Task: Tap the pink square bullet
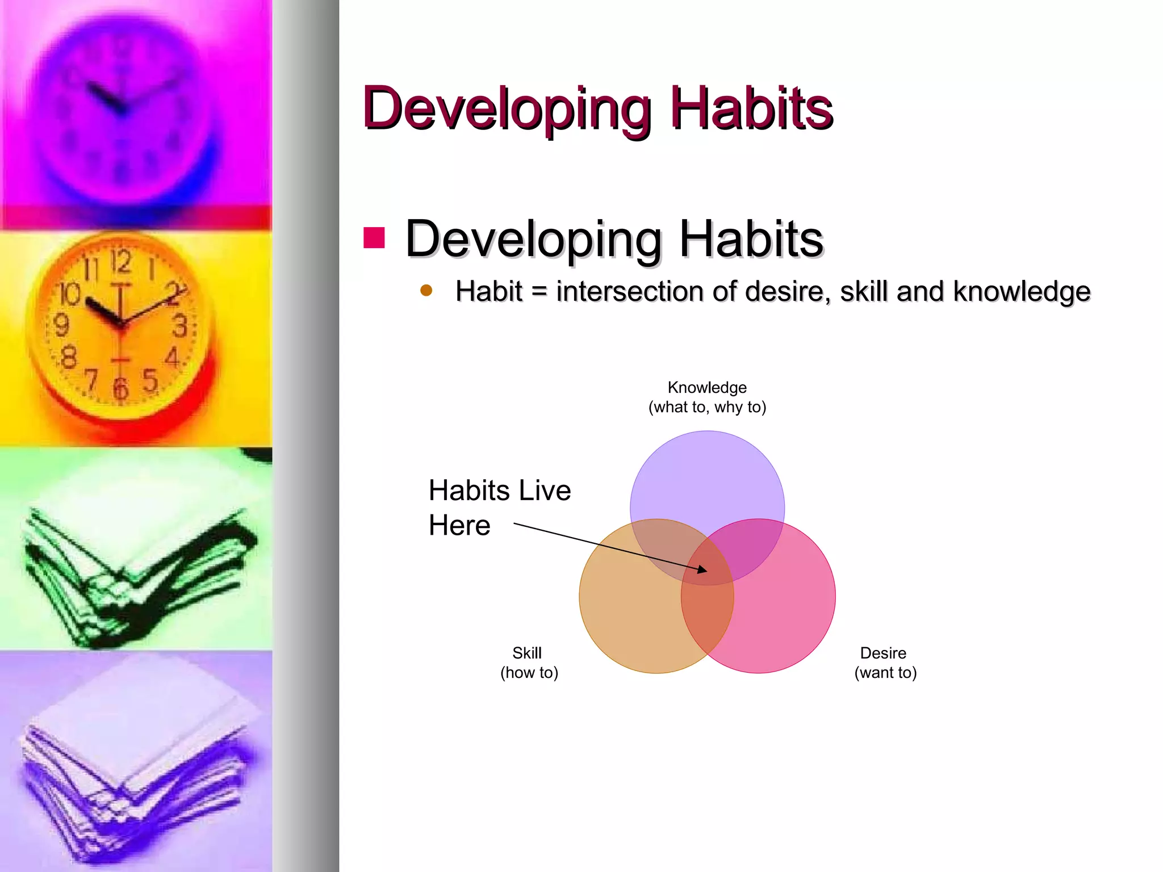374,238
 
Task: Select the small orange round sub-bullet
426,291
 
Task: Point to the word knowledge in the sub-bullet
1021,291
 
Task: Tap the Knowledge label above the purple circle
707,387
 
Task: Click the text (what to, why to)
707,407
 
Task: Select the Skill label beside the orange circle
527,653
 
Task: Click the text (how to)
529,673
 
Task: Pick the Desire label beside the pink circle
883,653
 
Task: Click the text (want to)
885,673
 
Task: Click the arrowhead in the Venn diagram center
703,569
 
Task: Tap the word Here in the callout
459,525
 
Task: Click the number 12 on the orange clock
120,262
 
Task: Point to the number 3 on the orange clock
179,326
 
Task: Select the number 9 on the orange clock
61,325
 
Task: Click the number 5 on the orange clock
150,380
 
